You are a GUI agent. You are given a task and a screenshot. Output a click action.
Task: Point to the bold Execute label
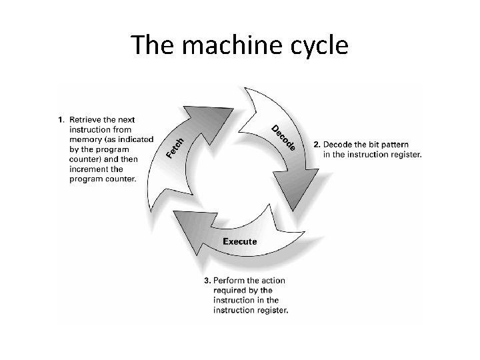click(239, 241)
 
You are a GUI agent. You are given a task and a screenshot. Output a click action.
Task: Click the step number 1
click(61, 120)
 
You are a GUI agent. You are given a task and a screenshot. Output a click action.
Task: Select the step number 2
click(317, 145)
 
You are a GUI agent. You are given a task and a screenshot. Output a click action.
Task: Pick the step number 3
click(207, 280)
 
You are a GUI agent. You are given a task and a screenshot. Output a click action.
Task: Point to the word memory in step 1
click(83, 139)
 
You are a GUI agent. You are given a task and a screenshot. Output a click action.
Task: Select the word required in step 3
click(229, 290)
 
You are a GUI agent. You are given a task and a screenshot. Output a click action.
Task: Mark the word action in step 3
click(271, 280)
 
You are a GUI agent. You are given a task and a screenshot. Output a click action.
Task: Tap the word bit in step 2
click(371, 145)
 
